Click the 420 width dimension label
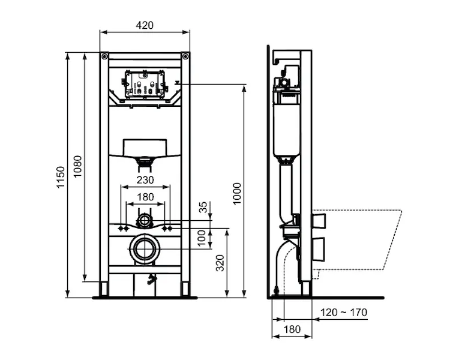pyautogui.click(x=145, y=25)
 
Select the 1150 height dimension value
pyautogui.click(x=61, y=177)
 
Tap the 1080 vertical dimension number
pyautogui.click(x=77, y=166)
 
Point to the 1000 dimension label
pyautogui.click(x=237, y=193)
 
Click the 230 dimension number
pyautogui.click(x=145, y=180)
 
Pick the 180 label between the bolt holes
pyautogui.click(x=145, y=197)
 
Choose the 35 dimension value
pyautogui.click(x=203, y=207)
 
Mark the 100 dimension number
pyautogui.click(x=202, y=238)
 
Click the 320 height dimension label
pyautogui.click(x=220, y=263)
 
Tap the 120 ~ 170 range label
pyautogui.click(x=344, y=312)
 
